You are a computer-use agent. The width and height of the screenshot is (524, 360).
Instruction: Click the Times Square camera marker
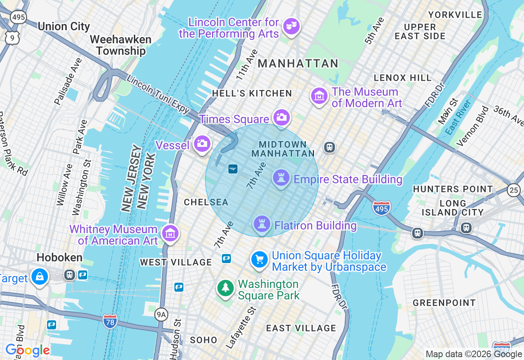281,117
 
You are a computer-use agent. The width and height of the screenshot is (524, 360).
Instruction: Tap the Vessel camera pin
202,144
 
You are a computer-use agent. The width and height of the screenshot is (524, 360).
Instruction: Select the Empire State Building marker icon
281,178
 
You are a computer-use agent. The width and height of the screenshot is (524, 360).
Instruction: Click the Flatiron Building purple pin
262,224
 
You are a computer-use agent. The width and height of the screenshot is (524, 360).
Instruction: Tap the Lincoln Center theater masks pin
291,27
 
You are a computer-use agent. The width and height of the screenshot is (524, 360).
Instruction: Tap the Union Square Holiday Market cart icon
260,260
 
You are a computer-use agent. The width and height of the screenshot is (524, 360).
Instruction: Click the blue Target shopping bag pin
40,277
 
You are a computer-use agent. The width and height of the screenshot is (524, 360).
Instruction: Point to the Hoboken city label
59,257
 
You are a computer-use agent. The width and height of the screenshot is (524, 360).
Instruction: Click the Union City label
63,27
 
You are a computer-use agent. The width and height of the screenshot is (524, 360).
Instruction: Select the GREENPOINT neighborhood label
444,303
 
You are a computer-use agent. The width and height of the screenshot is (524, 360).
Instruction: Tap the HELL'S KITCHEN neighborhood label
252,93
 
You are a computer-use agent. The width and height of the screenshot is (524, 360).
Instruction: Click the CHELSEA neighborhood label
206,202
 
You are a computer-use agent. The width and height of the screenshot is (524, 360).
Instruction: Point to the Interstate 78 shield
110,320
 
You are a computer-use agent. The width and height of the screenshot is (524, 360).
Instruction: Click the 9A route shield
161,315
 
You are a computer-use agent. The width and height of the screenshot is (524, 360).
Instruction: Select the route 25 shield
514,189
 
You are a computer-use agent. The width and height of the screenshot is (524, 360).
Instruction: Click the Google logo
28,351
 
